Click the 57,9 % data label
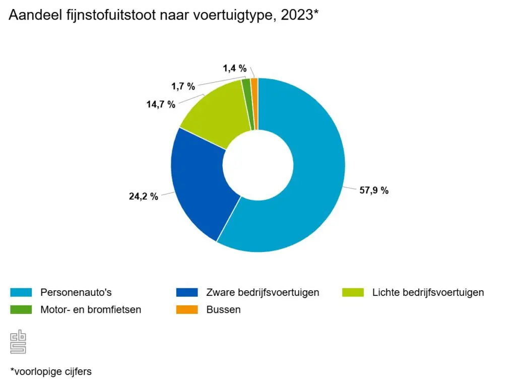pyautogui.click(x=374, y=190)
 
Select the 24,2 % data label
pyautogui.click(x=144, y=197)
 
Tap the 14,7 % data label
pyautogui.click(x=160, y=104)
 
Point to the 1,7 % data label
pyautogui.click(x=183, y=86)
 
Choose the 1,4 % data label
pyautogui.click(x=235, y=68)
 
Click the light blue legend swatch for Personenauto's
pyautogui.click(x=21, y=292)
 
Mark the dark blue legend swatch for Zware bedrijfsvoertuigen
pyautogui.click(x=187, y=292)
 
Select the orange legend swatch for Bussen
pyautogui.click(x=187, y=309)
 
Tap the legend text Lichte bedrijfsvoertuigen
pyautogui.click(x=428, y=292)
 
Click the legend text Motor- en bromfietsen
pyautogui.click(x=91, y=309)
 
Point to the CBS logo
pyautogui.click(x=18, y=342)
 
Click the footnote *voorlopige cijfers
pyautogui.click(x=50, y=371)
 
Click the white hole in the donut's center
pyautogui.click(x=258, y=165)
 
